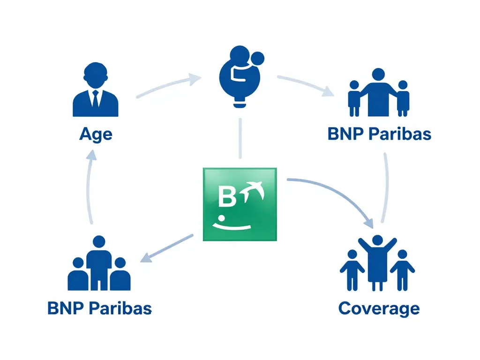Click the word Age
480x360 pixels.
[96, 134]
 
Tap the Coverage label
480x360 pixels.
[378, 308]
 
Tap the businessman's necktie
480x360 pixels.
[96, 100]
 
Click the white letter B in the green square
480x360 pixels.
[227, 197]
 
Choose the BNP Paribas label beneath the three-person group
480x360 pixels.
[99, 308]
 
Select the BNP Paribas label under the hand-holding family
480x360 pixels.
[379, 134]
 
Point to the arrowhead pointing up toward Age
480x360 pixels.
[92, 157]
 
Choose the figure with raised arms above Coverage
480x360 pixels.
[377, 260]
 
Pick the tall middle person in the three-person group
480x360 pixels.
[99, 262]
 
